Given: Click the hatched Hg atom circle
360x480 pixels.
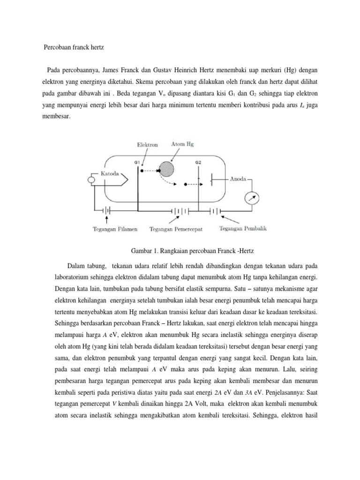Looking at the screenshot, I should [167, 168].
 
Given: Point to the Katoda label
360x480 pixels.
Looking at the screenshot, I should [111, 174].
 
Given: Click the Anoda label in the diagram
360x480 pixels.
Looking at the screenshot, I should [240, 179].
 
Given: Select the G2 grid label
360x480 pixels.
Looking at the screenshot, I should [198, 162].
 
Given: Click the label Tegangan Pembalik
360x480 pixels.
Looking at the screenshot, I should [243, 229].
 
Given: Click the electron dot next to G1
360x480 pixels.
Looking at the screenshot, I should [142, 171].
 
